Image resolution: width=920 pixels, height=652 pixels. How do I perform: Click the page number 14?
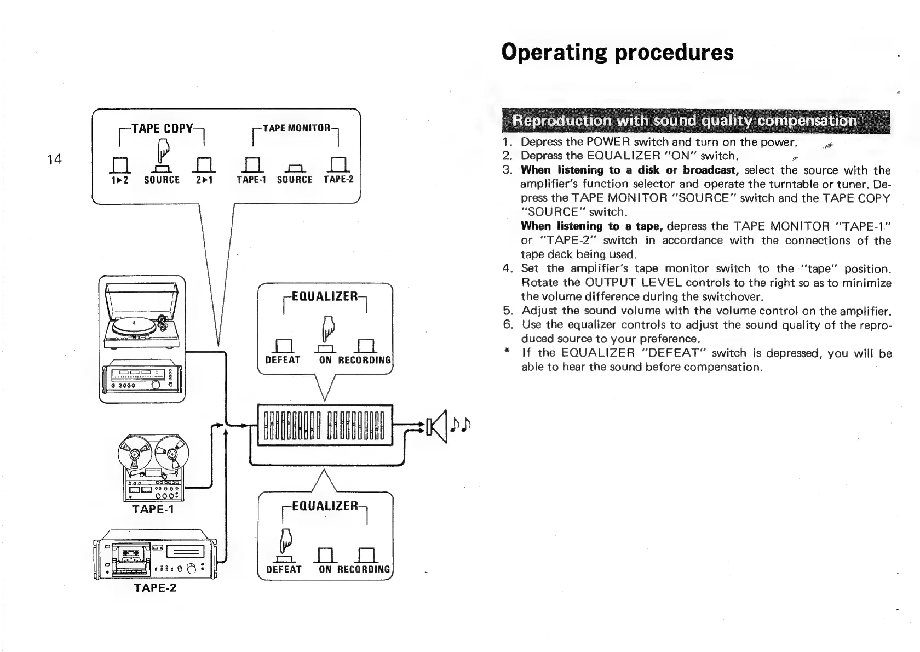(x=54, y=159)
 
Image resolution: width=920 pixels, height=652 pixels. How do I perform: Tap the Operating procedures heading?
(x=617, y=53)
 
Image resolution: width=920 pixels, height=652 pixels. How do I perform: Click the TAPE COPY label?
(x=162, y=128)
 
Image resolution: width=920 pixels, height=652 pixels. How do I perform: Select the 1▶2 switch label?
(x=119, y=180)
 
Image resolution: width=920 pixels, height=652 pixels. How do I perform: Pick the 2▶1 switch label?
(x=204, y=180)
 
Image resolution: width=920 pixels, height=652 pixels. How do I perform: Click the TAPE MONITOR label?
(x=296, y=128)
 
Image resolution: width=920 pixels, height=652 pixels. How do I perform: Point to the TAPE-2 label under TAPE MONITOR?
(x=338, y=180)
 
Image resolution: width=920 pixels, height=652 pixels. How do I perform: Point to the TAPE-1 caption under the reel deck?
(x=153, y=510)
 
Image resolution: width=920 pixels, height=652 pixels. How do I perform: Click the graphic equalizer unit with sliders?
(x=325, y=426)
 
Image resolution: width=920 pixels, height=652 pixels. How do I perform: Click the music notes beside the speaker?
(x=459, y=425)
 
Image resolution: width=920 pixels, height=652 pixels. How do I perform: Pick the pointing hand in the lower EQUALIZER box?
(x=285, y=541)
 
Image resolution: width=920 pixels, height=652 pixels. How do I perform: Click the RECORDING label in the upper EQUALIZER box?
(x=364, y=360)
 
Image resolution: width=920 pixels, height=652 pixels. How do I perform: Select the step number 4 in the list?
(x=507, y=268)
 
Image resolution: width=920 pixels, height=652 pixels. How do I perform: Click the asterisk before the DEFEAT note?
(x=507, y=353)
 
